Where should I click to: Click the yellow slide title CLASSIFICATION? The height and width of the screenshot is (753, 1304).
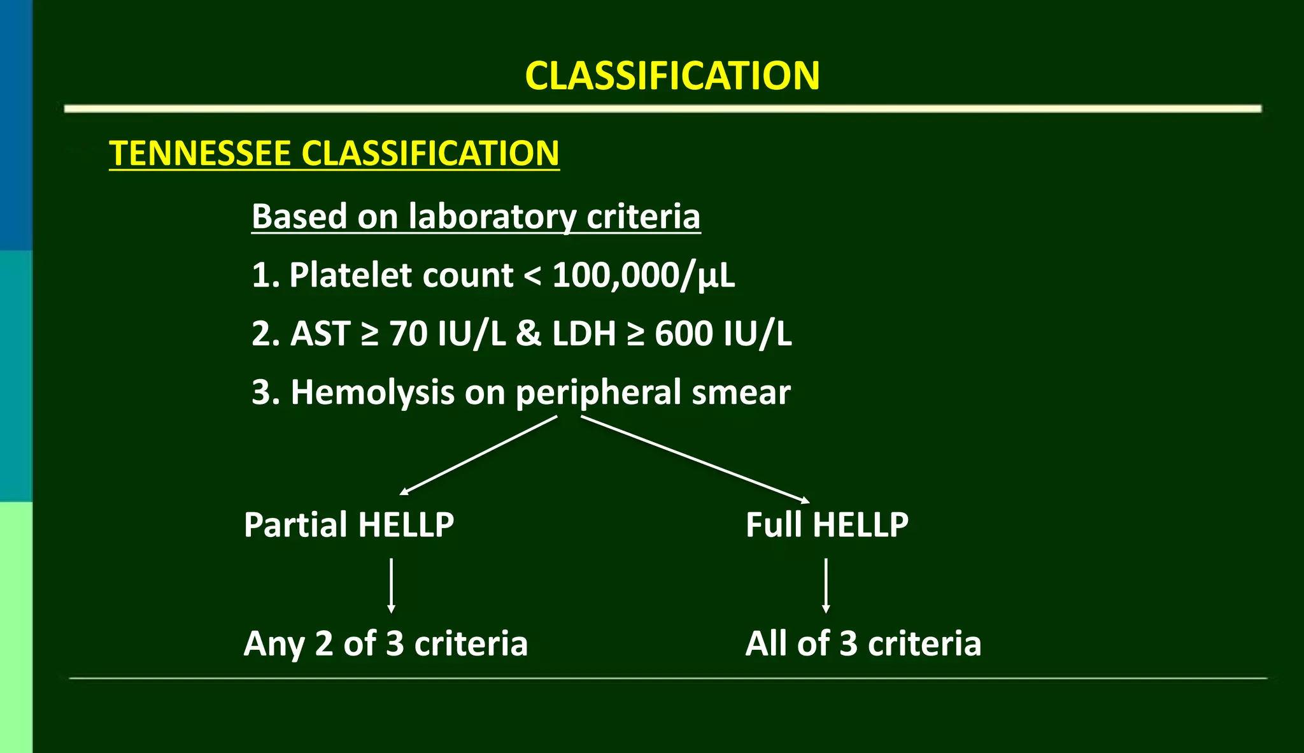[672, 76]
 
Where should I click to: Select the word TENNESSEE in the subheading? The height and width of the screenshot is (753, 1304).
[200, 154]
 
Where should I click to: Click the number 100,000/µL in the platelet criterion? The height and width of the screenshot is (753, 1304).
[643, 275]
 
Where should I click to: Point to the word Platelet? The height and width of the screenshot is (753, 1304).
[400, 275]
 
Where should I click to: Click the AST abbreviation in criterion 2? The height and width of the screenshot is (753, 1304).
[320, 334]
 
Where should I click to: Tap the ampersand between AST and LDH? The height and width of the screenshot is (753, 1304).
[528, 334]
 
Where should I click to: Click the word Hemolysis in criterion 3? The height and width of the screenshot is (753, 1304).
[372, 392]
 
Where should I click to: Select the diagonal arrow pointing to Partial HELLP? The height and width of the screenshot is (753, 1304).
[479, 455]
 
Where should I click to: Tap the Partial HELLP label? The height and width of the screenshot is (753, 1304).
[349, 525]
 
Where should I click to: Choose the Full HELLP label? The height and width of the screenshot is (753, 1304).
[826, 525]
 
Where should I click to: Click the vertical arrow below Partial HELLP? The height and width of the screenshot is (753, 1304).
[391, 585]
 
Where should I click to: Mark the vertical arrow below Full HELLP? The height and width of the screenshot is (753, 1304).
[826, 585]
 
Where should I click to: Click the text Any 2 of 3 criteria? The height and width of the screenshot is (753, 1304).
[385, 643]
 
